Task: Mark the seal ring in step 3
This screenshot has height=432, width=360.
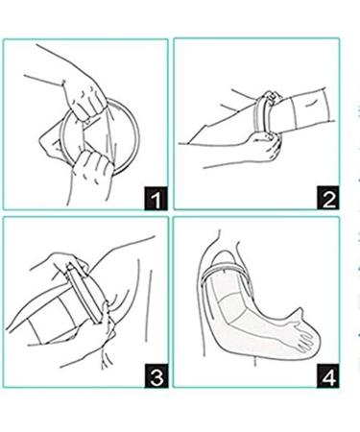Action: coord(84,293)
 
